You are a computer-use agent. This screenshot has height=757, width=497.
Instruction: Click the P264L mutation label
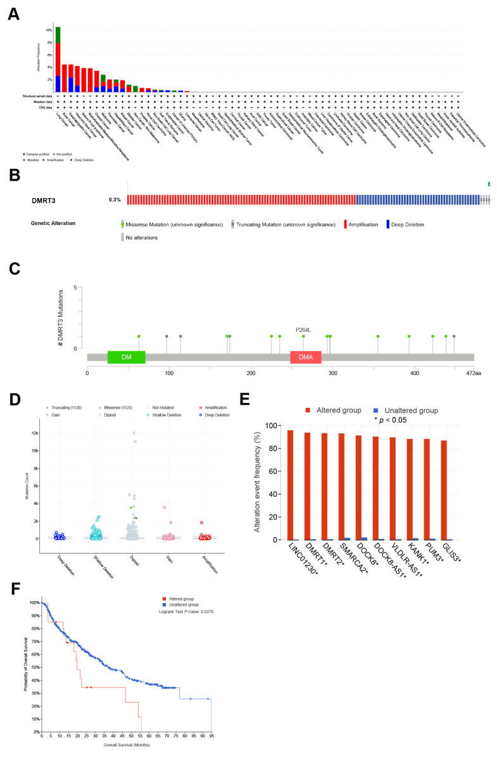(x=304, y=330)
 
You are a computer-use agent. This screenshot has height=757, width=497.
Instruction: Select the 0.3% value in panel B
(x=114, y=200)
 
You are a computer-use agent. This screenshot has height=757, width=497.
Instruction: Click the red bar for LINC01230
(x=291, y=485)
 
